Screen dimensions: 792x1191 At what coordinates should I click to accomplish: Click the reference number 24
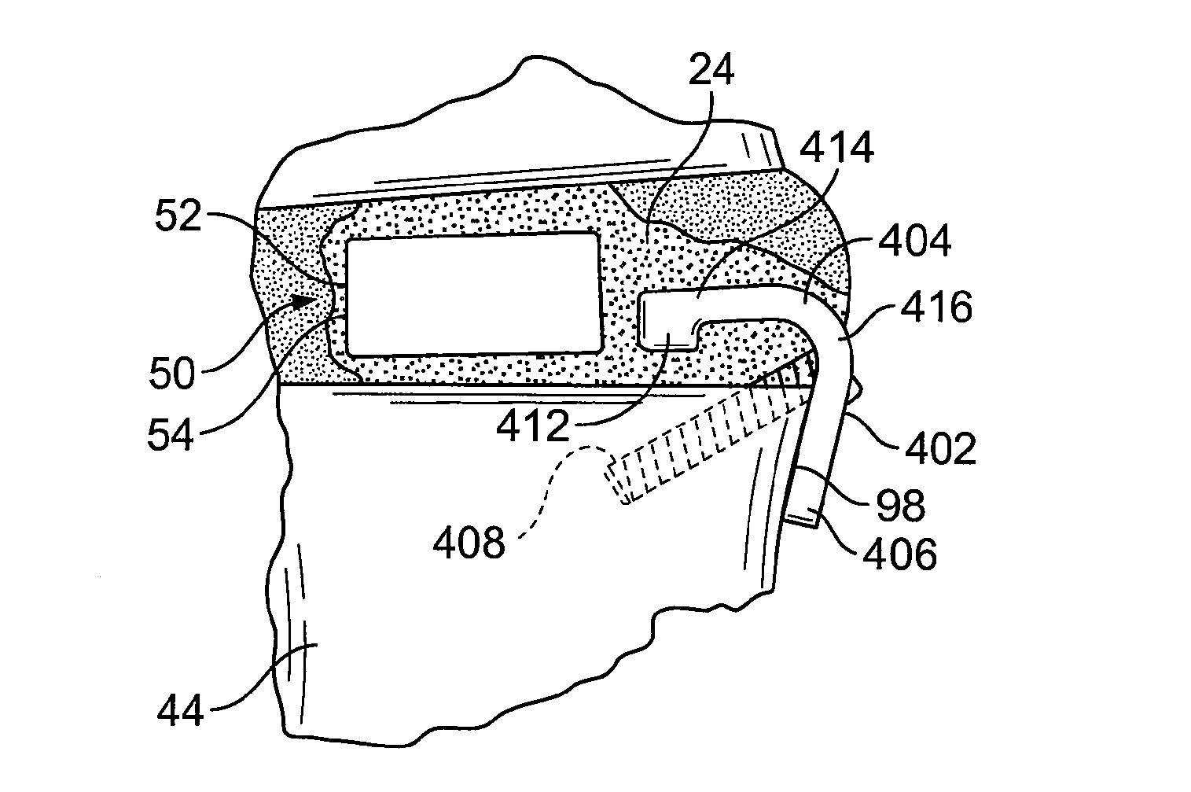(x=711, y=70)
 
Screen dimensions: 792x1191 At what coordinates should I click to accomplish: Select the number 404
(x=913, y=241)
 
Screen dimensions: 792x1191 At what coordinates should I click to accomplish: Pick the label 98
(x=901, y=507)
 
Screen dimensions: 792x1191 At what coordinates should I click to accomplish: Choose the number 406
(x=901, y=555)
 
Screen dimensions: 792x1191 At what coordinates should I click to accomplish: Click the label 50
(x=171, y=374)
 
